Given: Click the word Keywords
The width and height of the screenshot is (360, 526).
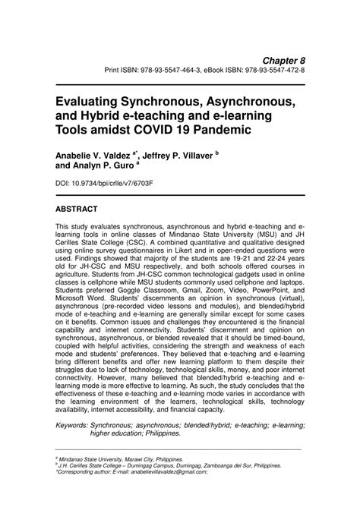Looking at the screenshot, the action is pos(77,425).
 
